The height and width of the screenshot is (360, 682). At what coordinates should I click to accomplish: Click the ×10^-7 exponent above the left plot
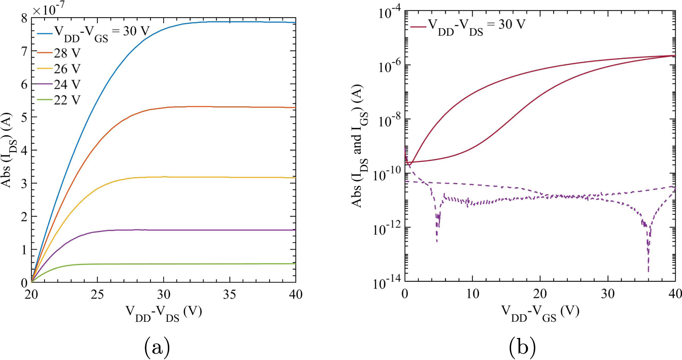coord(49,8)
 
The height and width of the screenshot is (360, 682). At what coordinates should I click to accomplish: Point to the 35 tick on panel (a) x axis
coord(229,295)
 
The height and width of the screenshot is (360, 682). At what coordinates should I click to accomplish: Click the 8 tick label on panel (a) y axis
coord(24,18)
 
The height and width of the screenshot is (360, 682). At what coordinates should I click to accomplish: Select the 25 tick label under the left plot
coord(97,295)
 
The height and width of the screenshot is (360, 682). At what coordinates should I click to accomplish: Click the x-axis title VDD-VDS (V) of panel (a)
coord(164,313)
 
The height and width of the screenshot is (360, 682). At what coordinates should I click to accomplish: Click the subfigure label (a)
coord(157,348)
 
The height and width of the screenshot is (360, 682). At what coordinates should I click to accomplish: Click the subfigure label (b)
coord(522,348)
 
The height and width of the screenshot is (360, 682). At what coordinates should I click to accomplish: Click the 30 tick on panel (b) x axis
coord(607,294)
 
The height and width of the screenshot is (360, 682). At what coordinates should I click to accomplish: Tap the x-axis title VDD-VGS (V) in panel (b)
coord(540,313)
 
